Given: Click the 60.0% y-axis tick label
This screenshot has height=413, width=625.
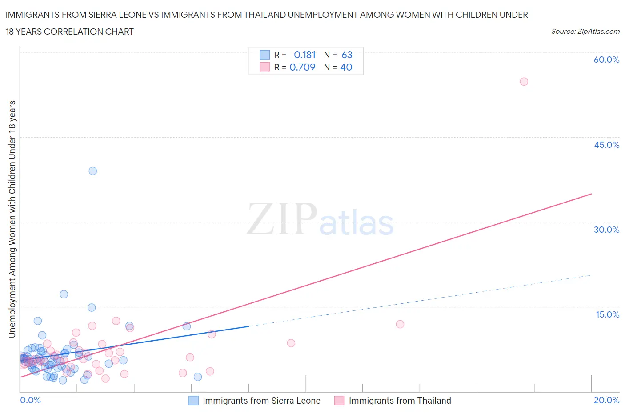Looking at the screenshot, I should coord(606,60).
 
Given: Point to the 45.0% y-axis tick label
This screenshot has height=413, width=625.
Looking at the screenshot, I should coord(606,145).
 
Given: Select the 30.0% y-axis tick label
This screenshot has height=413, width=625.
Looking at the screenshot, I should coord(606,230).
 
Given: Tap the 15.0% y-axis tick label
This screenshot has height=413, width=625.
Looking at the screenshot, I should coord(607,314).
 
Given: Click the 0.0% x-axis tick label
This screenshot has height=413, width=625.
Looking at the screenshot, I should coord(30,400).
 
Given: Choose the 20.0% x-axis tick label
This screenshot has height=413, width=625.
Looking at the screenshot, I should coord(606,400).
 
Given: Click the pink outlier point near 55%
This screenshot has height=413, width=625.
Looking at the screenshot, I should coord(524,82).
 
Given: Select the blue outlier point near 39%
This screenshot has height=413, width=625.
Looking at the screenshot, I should coord(92,171).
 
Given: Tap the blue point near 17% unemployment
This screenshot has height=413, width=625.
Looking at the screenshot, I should coord(64,294).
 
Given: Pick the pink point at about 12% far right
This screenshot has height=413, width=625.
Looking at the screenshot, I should coord(400,324).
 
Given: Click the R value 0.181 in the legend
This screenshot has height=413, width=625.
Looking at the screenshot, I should coord(304,55).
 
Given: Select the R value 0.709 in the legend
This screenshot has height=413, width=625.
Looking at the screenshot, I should coord(302,67).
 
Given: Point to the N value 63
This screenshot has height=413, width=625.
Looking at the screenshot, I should coord(347,55).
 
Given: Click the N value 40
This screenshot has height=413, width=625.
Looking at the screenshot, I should coord(346,67).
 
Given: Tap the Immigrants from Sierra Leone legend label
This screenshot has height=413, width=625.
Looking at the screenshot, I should coord(261,401).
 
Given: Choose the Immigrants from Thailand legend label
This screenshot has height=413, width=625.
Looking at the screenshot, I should coord(400,401).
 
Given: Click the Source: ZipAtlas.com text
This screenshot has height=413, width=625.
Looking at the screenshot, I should coord(585,32).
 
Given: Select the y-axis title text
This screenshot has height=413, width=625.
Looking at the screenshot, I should coord(12,219).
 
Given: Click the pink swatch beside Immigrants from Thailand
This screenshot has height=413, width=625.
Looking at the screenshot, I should coord(339,401).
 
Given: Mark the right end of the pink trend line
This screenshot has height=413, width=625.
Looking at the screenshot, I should coord(591,194).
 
